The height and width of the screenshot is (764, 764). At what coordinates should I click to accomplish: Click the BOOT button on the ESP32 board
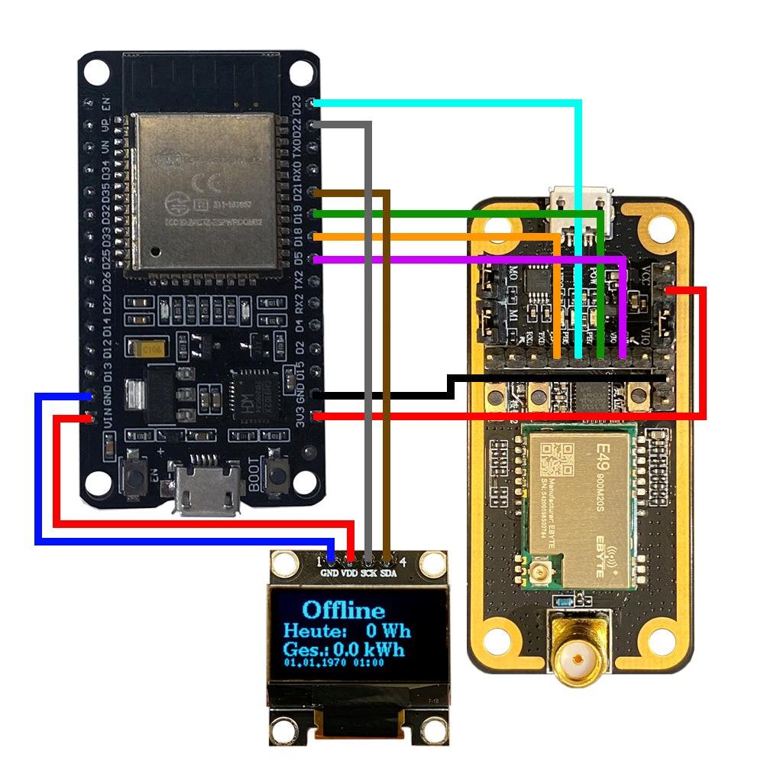278,474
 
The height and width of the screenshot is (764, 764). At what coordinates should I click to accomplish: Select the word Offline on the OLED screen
344,610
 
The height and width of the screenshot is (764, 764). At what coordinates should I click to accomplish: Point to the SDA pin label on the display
388,573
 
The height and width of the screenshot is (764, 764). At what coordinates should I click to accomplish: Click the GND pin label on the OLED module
330,573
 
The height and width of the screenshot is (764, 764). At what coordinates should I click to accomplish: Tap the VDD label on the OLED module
350,573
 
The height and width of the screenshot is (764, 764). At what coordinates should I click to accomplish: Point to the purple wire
458,261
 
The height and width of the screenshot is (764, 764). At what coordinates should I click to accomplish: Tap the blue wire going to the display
37,474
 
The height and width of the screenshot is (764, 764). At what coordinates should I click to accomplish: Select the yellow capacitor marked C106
147,350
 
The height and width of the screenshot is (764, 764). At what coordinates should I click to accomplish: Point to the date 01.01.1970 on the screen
314,663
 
